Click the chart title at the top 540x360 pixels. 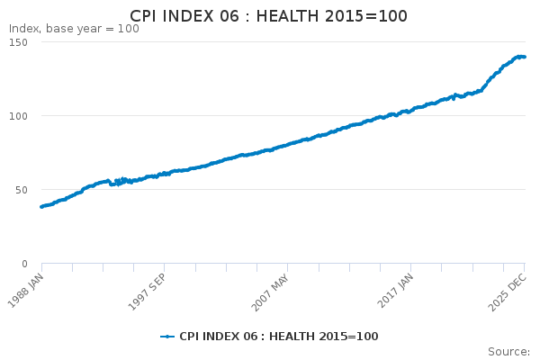click(268, 16)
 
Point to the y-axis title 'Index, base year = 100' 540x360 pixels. click(74, 29)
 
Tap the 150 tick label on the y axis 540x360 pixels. click(19, 42)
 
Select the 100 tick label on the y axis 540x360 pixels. click(19, 116)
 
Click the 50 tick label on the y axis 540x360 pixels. click(22, 190)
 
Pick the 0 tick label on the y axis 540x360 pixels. click(24, 264)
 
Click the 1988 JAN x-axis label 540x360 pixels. click(25, 291)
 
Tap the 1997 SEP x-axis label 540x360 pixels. click(147, 292)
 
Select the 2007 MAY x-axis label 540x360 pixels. click(270, 292)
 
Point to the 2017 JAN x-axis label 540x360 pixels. click(395, 291)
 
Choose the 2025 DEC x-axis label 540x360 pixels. click(508, 292)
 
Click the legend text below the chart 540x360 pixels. click(279, 337)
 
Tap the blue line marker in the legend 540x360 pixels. click(167, 337)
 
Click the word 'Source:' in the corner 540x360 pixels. click(509, 352)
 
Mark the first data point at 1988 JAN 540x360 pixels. click(42, 207)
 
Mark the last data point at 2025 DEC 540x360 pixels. click(524, 57)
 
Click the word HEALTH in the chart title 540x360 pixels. click(288, 16)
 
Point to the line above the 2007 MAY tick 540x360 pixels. click(287, 145)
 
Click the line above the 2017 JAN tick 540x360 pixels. click(410, 111)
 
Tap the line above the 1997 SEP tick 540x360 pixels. click(165, 174)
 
